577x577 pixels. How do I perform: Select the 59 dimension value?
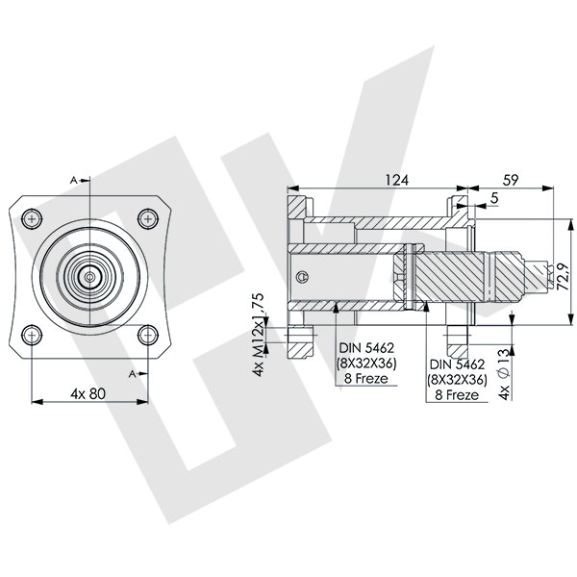(x=512, y=180)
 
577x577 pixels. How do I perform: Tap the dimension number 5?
(x=493, y=199)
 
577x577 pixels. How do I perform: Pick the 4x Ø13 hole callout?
(x=503, y=371)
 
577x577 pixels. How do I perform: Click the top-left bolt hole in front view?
(x=33, y=219)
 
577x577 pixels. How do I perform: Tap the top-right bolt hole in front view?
(x=146, y=219)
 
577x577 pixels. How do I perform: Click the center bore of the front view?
(x=89, y=277)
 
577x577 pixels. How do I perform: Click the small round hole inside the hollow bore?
(x=304, y=278)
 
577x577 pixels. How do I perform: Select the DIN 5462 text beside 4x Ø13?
(x=457, y=365)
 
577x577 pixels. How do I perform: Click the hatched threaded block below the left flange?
(x=305, y=338)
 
